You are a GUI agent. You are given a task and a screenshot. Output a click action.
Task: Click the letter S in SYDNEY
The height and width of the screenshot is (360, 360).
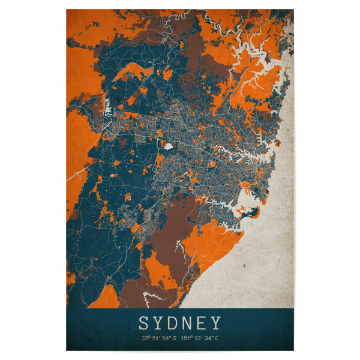[x=144, y=324]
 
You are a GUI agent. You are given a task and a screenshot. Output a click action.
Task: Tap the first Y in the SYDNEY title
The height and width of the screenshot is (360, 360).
[x=159, y=324]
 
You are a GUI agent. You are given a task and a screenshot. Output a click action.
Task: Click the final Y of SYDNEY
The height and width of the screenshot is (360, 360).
[x=217, y=324]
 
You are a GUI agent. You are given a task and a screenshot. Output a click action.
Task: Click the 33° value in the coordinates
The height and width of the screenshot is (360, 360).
[x=145, y=339]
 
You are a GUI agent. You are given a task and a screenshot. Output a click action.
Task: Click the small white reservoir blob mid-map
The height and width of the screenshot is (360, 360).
[x=168, y=145]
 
